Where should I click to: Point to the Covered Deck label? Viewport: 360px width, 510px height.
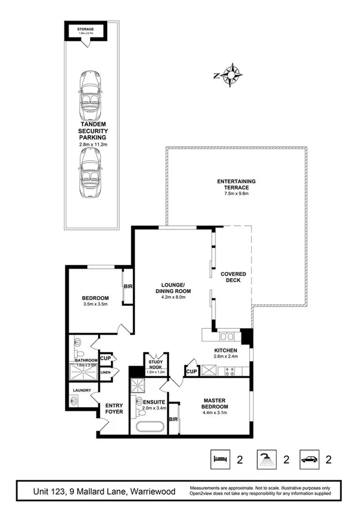tap(232, 278)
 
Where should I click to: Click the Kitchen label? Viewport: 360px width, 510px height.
tap(226, 350)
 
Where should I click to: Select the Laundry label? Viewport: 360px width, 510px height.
tap(81, 390)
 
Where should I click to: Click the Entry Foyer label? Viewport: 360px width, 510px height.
tap(114, 408)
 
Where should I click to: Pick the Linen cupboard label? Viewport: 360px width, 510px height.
tap(105, 373)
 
